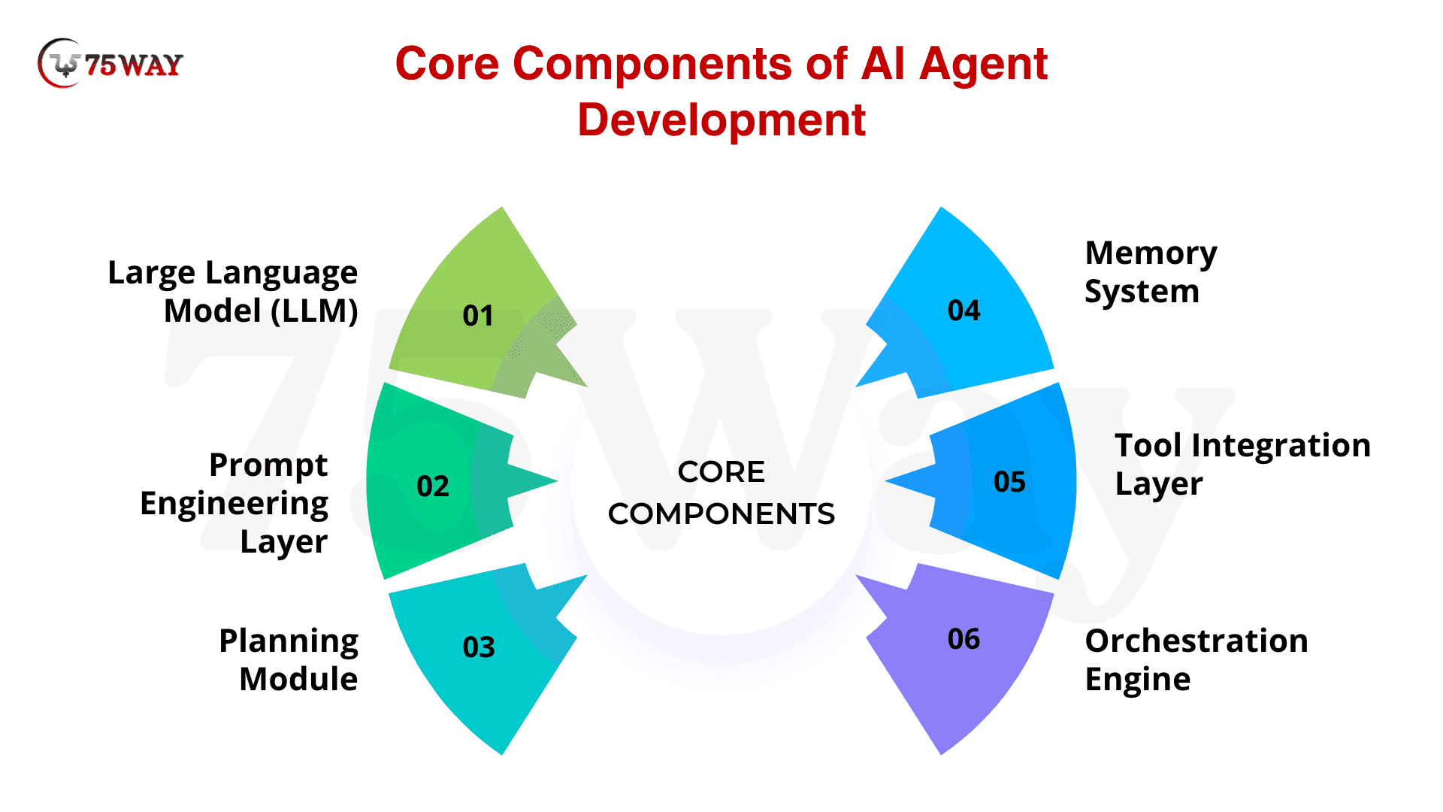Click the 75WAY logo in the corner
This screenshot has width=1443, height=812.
(110, 64)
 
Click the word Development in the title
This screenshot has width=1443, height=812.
(721, 120)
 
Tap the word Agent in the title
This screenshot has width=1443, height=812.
(983, 64)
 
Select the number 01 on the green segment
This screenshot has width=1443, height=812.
(478, 316)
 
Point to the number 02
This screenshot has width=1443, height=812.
(433, 486)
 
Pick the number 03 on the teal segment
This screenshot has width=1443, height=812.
(479, 647)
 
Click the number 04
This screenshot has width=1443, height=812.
(964, 311)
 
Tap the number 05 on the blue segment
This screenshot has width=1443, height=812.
(1009, 482)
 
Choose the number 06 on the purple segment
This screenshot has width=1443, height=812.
(964, 639)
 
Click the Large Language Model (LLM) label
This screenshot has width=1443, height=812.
(233, 292)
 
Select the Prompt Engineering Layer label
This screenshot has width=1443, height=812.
(234, 503)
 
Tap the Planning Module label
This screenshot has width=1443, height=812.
(289, 660)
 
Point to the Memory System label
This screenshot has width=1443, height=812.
(1151, 272)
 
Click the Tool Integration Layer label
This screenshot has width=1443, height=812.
(1242, 465)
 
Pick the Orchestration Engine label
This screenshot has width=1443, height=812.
(1196, 660)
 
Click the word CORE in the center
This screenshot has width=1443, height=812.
(721, 472)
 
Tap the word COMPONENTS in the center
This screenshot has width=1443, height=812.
(721, 514)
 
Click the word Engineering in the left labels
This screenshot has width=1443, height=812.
(234, 504)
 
